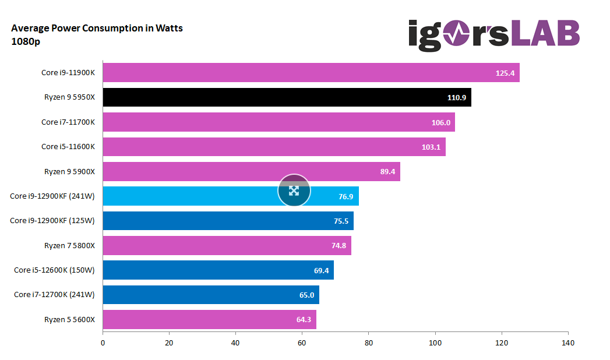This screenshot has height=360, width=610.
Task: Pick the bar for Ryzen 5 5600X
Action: click(209, 319)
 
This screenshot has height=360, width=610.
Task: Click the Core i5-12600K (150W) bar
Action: click(218, 270)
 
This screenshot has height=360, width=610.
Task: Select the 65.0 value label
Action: click(306, 295)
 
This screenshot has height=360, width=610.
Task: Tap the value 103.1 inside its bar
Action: click(431, 147)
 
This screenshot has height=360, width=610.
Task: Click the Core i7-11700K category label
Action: click(68, 122)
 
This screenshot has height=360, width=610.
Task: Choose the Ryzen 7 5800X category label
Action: click(69, 246)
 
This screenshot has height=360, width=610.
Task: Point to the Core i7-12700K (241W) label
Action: click(54, 295)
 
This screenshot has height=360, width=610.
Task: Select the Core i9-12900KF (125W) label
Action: click(52, 221)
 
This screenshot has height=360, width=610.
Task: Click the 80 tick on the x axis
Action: click(368, 343)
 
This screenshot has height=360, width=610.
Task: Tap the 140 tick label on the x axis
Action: click(567, 343)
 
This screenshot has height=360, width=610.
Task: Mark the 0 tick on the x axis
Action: click(103, 343)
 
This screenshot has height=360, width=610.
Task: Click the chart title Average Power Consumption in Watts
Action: click(97, 28)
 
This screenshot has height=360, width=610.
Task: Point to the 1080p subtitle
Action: click(25, 41)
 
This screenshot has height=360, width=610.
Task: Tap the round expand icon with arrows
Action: click(294, 190)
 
